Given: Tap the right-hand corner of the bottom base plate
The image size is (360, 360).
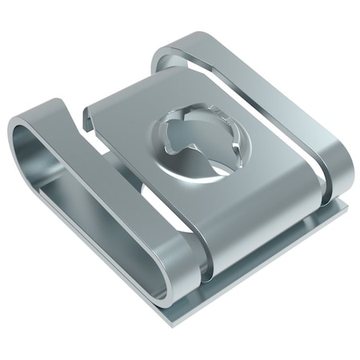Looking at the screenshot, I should point(346,206).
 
